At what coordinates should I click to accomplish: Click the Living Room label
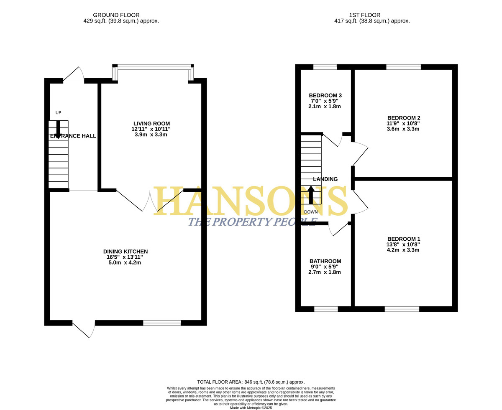click(151, 124)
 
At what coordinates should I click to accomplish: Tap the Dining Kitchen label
click(125, 251)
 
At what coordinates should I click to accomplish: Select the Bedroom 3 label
click(325, 95)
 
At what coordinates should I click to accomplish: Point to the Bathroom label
click(325, 261)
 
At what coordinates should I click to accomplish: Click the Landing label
click(325, 179)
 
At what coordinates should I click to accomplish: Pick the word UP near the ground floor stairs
click(58, 113)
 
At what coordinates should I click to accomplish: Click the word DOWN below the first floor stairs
click(311, 212)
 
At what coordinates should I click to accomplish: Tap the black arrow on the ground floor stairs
click(58, 130)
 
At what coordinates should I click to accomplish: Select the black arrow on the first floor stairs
click(311, 195)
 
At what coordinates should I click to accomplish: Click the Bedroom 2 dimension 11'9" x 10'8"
click(403, 123)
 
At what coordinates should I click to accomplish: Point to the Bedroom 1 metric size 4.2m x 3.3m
click(403, 250)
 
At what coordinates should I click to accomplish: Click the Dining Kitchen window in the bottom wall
click(162, 323)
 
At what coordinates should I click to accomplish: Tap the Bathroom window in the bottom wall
click(326, 309)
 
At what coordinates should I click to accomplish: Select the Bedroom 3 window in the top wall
click(325, 67)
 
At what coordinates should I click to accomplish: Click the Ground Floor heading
click(116, 15)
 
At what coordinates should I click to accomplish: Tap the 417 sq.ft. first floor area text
click(372, 21)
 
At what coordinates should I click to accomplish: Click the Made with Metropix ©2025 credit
click(251, 408)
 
